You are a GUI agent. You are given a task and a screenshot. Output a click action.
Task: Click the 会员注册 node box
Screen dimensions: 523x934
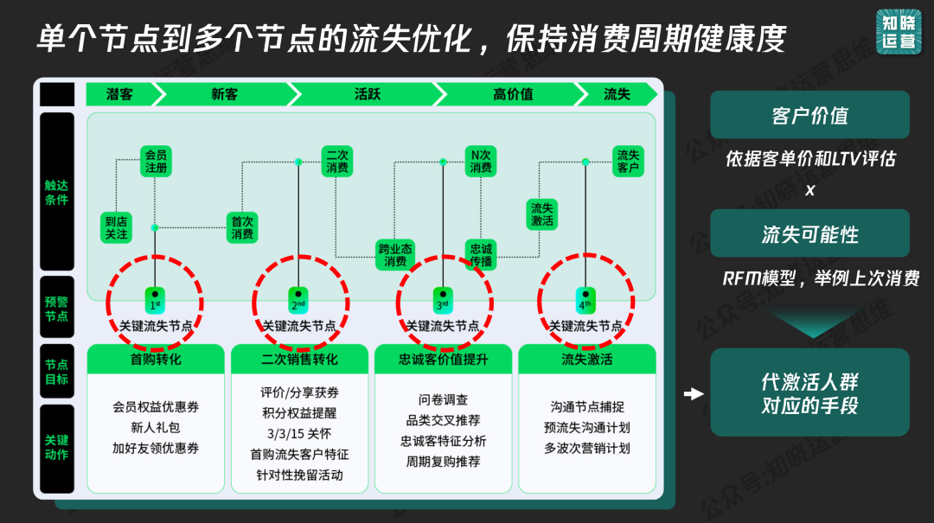click(157, 162)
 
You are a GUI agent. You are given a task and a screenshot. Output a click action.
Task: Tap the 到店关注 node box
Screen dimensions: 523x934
click(116, 227)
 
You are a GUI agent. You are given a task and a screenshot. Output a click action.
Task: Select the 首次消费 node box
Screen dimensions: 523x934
click(242, 227)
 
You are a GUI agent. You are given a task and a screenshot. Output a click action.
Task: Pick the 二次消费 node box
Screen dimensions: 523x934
click(337, 162)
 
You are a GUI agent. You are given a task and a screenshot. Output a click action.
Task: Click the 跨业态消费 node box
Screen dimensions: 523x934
click(395, 255)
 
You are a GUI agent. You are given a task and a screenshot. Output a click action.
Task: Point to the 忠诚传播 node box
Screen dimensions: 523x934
click(481, 255)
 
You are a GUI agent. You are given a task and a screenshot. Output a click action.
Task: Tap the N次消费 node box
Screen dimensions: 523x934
click(481, 162)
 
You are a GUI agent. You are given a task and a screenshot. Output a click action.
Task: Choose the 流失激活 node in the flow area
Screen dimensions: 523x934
click(542, 214)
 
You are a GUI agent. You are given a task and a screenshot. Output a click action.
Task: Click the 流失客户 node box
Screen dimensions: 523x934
click(628, 162)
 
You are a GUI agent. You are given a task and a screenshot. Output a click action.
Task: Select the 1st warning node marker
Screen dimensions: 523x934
click(155, 299)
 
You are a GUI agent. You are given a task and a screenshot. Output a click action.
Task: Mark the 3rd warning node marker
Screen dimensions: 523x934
click(443, 299)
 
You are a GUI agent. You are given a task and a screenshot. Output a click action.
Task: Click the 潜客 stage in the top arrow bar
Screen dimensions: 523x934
click(120, 94)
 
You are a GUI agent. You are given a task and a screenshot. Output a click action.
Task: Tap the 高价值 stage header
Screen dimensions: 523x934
click(513, 94)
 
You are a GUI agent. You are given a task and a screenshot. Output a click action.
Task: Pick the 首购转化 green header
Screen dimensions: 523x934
click(156, 359)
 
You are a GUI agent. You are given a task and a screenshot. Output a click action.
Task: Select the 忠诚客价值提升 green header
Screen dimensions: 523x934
click(443, 359)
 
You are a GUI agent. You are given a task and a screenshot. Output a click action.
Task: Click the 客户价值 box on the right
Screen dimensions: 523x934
click(809, 114)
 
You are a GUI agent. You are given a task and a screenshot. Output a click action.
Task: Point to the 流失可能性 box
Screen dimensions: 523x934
click(809, 233)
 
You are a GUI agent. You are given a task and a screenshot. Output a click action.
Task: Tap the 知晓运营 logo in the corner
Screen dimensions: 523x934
click(899, 32)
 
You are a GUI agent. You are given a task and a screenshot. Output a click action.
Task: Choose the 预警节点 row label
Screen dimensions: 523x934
click(56, 309)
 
